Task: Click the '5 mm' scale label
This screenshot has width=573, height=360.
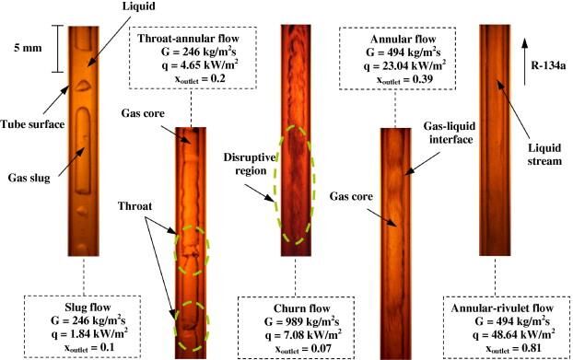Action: click(28, 48)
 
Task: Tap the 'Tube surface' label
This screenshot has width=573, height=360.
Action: click(32, 124)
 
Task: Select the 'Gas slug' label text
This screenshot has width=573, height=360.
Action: click(29, 179)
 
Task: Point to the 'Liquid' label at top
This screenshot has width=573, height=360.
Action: click(139, 6)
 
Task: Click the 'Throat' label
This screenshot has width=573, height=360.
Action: click(134, 206)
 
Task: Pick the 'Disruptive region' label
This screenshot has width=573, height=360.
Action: click(250, 164)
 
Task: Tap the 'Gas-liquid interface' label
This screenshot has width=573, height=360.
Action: click(450, 133)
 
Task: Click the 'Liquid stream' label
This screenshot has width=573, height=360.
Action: click(544, 154)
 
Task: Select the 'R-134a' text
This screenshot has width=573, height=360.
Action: click(548, 66)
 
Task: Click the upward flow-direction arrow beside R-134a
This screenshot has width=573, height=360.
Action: click(524, 62)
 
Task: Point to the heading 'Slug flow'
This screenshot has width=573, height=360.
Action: click(88, 308)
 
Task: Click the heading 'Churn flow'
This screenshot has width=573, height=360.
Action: click(302, 308)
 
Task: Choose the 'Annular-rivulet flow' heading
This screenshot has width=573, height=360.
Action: click(502, 308)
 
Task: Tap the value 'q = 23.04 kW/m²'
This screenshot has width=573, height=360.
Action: click(404, 65)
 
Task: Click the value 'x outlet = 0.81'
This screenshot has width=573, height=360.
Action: click(513, 348)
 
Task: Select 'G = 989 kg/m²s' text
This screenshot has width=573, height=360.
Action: click(301, 321)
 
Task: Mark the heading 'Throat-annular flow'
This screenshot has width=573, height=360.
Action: click(188, 39)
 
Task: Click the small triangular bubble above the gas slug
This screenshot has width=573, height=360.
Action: click(83, 86)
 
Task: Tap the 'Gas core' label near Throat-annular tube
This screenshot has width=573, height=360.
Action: click(143, 113)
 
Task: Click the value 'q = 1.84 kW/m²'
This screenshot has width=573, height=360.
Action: click(89, 333)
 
